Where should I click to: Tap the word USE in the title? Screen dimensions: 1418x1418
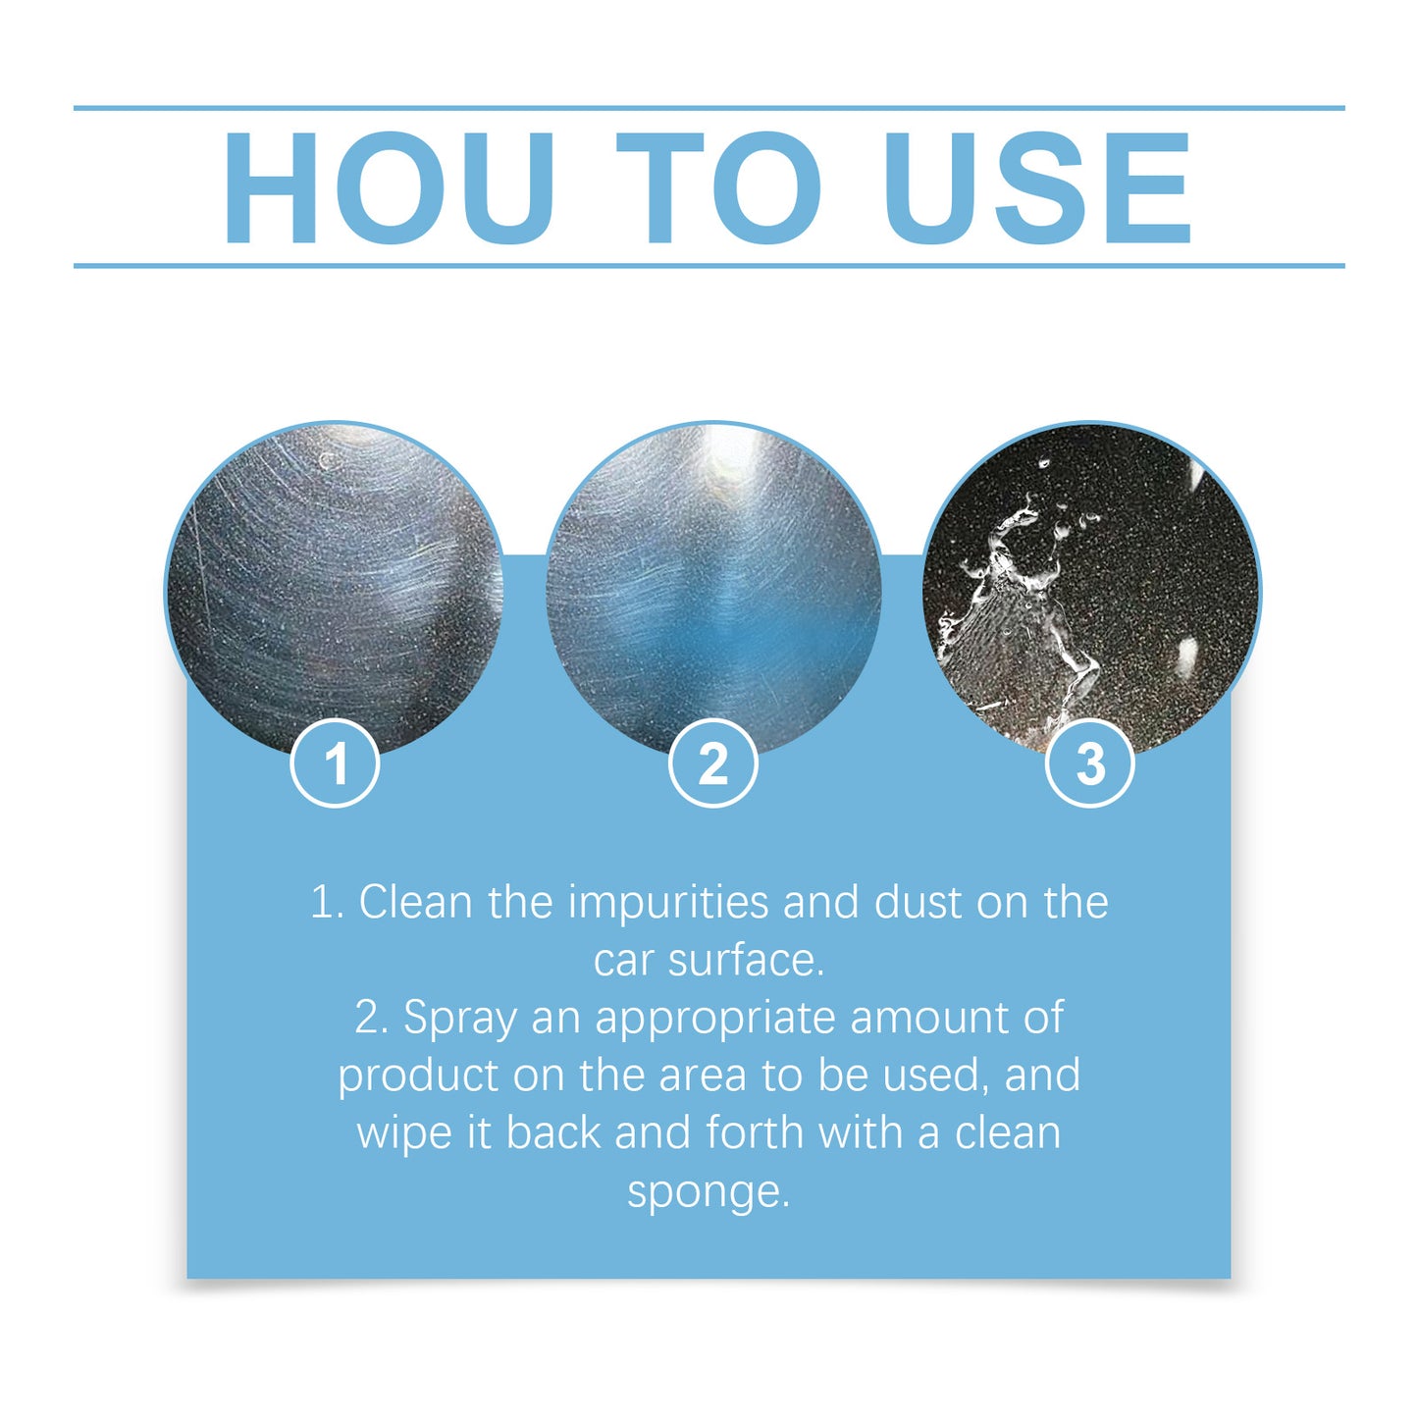[1037, 187]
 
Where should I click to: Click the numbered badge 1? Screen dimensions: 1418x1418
[336, 763]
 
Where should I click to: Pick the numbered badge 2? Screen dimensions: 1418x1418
[713, 763]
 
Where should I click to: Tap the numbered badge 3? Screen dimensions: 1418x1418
[1090, 763]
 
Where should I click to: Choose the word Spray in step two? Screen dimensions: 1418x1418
[459, 1019]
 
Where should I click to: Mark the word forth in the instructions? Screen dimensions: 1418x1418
[755, 1132]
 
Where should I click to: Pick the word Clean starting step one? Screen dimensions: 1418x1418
[415, 903]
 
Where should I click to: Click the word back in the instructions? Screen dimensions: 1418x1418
[553, 1132]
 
